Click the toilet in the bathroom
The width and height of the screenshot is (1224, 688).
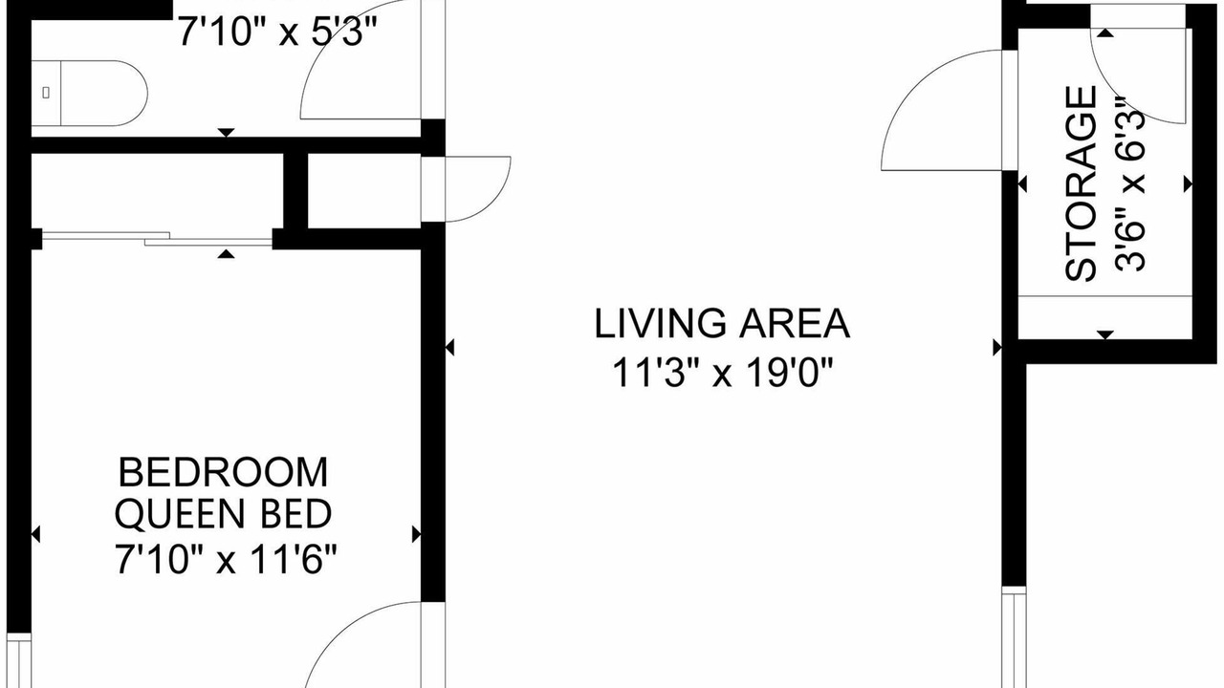click(89, 94)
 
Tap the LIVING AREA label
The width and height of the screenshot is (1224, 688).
click(722, 324)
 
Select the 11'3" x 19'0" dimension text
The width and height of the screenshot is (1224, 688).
click(722, 373)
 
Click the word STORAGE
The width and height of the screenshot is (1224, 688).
click(1081, 183)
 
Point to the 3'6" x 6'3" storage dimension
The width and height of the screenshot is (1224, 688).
click(1129, 184)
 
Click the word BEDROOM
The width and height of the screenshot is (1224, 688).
click(224, 473)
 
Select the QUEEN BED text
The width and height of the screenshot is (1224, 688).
click(223, 514)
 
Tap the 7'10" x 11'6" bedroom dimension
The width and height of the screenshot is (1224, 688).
click(226, 559)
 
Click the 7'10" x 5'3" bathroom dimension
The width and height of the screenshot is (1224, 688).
click(278, 32)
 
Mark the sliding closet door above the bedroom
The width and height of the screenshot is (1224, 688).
click(158, 239)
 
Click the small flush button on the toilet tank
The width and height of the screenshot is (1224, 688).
click(46, 93)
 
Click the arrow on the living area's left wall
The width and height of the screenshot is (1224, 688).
click(449, 347)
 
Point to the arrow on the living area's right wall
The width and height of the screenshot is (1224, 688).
click(997, 347)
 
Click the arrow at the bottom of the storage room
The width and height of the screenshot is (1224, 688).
click(1105, 334)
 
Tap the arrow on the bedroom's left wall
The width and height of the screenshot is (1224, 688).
click(35, 534)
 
